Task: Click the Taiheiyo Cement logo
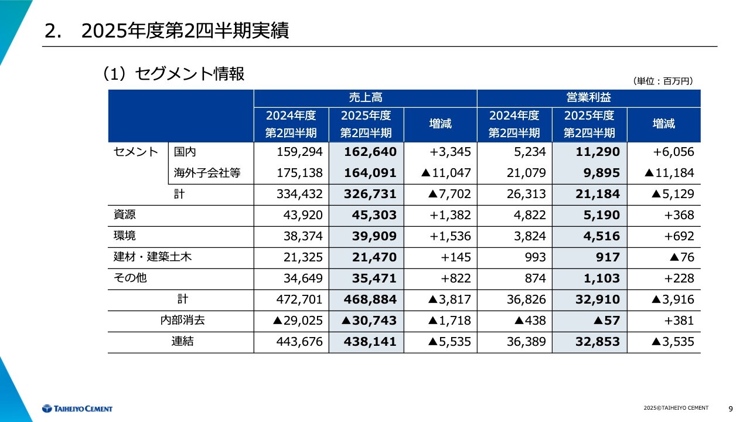(77, 409)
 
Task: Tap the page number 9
(730, 409)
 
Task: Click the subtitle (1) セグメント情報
(173, 74)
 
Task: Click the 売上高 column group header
(365, 98)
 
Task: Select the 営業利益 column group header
(588, 98)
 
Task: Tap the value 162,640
(371, 152)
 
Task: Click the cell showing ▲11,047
(444, 173)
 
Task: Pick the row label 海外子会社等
(207, 173)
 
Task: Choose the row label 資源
(124, 215)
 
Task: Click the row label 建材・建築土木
(152, 257)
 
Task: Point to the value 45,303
(374, 215)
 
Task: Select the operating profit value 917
(607, 257)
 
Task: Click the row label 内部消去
(182, 321)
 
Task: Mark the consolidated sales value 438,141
(371, 342)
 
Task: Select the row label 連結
(182, 342)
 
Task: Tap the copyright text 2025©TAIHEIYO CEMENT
(676, 408)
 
